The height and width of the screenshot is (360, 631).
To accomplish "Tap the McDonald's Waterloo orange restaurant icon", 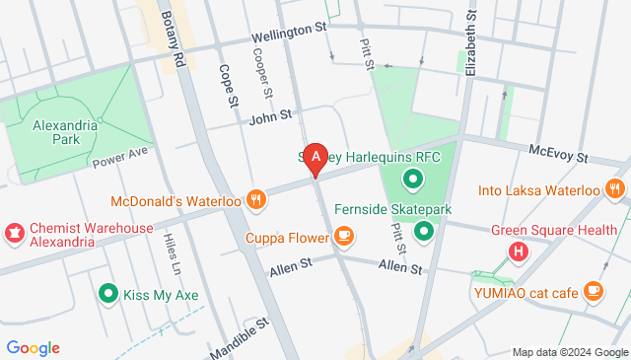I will pos(256,199).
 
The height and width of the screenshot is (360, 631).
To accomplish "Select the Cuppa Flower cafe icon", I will pos(343,235).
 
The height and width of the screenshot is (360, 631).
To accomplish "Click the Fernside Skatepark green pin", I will pos(424,232).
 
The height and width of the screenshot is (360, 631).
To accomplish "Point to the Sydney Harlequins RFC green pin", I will pos(411,180).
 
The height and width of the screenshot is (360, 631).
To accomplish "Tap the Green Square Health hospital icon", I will pos(518,252).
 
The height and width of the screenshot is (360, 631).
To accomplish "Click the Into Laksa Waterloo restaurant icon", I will pos(616,188).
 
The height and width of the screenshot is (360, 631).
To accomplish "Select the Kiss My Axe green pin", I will pos(107,293).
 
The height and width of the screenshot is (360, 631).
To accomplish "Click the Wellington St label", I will pos(288,34).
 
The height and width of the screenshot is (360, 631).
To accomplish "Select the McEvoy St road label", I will pos(557,153).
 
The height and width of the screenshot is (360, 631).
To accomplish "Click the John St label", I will pos(270,116).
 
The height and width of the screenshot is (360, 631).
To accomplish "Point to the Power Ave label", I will pos(119,158).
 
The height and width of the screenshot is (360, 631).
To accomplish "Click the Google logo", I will pos(33,347).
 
